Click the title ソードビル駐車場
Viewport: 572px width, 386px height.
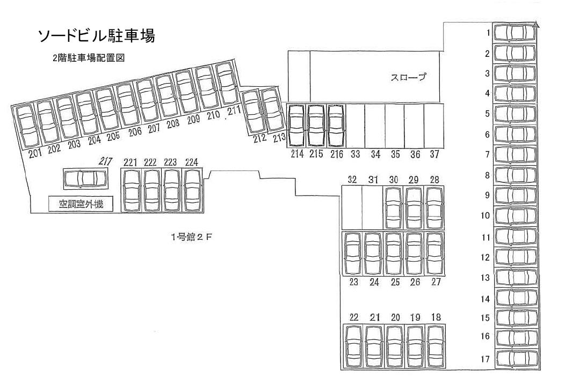96,36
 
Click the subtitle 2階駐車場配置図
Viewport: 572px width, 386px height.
89,58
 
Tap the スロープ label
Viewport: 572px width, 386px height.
408,77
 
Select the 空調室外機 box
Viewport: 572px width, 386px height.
81,204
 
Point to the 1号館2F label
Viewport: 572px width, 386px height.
192,237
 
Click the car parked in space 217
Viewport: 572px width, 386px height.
85,179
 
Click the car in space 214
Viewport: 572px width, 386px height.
297,125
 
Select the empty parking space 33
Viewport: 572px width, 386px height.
355,125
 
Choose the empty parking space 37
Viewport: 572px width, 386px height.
434,125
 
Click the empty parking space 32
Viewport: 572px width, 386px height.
352,208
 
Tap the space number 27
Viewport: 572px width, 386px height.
436,282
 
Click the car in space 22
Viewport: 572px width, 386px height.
353,345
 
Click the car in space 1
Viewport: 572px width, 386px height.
515,33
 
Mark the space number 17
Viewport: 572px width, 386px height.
485,359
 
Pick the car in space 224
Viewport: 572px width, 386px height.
192,190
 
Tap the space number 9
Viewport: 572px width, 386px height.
487,196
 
